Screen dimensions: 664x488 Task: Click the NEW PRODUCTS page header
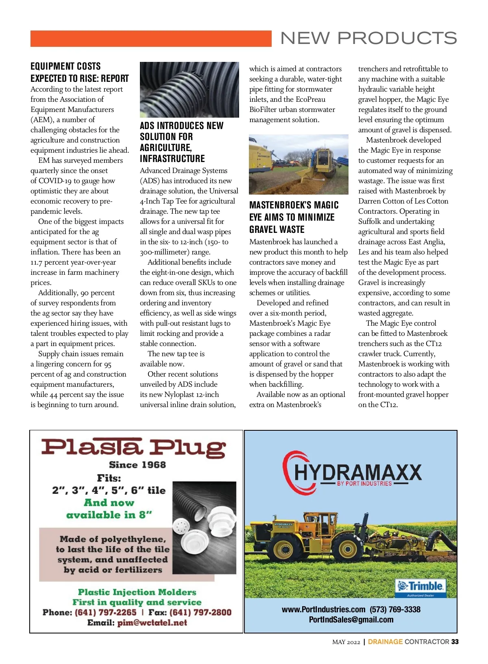368,38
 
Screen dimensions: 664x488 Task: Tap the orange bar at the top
151,39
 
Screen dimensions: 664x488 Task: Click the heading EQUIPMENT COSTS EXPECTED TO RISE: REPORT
79,72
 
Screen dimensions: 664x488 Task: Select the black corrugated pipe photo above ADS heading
189,90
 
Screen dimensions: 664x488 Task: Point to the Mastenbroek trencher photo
298,164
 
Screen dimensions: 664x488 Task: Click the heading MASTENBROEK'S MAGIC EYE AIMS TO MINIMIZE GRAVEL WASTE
294,217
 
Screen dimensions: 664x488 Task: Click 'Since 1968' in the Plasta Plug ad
137,465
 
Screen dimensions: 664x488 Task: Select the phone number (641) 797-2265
105,612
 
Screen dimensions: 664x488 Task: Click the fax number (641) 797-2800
200,612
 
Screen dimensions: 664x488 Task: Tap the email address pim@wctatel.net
152,622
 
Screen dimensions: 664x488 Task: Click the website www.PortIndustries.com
323,609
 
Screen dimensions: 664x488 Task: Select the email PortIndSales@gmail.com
351,620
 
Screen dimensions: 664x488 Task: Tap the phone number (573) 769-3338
395,609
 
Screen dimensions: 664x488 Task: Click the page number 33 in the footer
455,642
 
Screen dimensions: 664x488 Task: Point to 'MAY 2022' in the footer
346,642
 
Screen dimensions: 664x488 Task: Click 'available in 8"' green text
109,515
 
